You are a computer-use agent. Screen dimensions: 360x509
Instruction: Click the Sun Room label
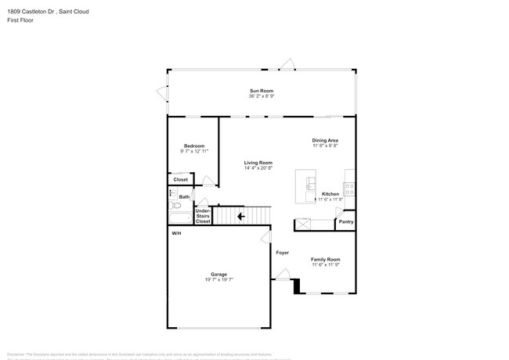pos(262,91)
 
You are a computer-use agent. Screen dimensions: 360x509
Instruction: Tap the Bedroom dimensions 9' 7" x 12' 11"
pos(194,151)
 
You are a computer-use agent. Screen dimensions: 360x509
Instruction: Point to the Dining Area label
pos(325,140)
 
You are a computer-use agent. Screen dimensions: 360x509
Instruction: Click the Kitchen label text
pos(330,193)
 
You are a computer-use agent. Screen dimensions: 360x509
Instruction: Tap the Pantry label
pos(345,221)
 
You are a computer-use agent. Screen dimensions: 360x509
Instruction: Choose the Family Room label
pos(326,259)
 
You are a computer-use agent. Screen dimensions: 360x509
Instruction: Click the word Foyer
pos(282,253)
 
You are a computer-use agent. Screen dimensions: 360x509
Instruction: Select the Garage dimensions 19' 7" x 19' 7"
pos(218,279)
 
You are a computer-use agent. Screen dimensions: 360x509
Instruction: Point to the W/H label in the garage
pos(176,234)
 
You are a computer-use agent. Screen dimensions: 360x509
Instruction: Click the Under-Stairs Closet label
pos(202,216)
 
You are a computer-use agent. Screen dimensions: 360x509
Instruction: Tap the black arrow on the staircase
pos(242,215)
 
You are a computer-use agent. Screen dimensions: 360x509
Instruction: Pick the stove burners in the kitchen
pos(350,189)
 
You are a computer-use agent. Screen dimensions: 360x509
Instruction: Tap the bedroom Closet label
pos(181,179)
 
